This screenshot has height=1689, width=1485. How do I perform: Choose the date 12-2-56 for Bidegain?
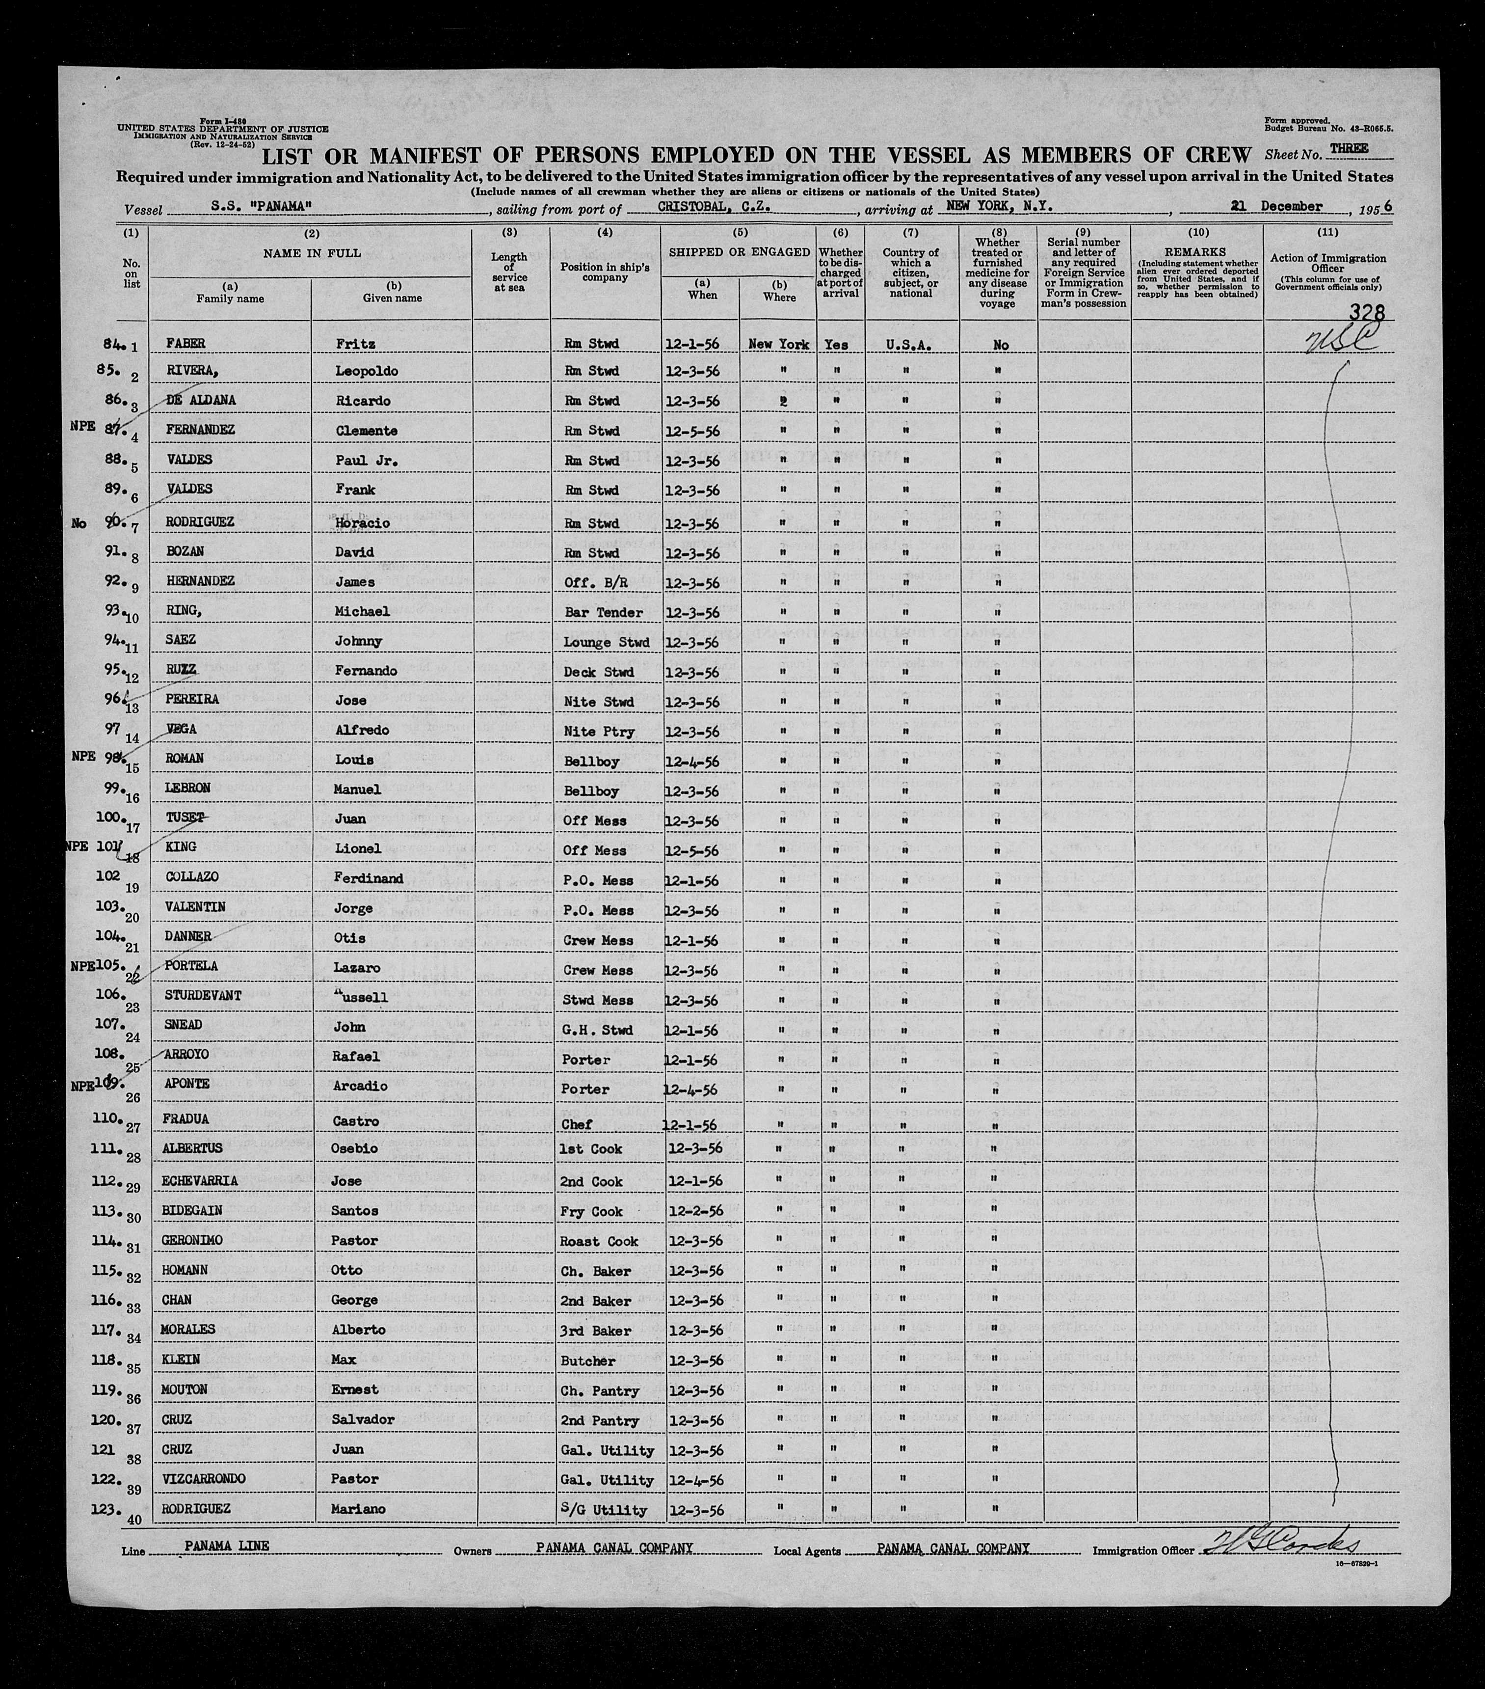click(694, 1211)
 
